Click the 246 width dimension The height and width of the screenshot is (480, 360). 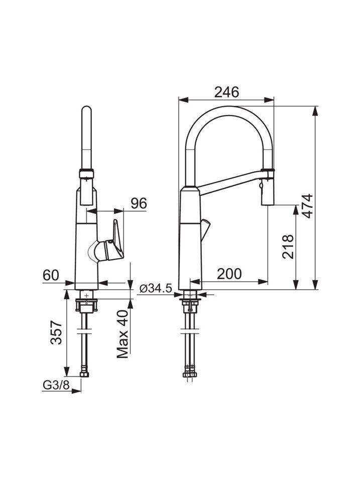pyautogui.click(x=226, y=92)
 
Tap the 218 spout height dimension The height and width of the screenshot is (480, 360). pyautogui.click(x=288, y=247)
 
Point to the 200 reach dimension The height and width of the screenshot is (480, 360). pyautogui.click(x=229, y=274)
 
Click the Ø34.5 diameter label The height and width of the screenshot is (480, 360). pyautogui.click(x=156, y=288)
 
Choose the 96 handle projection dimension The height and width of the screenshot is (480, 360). pyautogui.click(x=139, y=203)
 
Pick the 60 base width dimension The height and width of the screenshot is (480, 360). pyautogui.click(x=51, y=275)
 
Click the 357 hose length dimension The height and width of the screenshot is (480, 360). pyautogui.click(x=56, y=333)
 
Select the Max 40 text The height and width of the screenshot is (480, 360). pyautogui.click(x=123, y=334)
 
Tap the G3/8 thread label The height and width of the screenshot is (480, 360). pyautogui.click(x=56, y=386)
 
